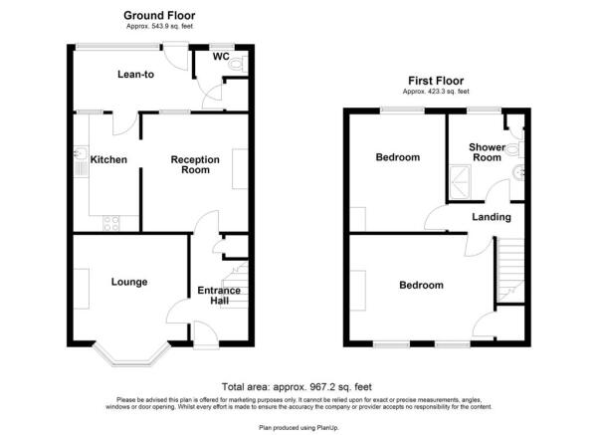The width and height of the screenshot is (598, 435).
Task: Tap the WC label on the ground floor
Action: (221, 58)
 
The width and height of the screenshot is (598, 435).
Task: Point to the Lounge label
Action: (130, 282)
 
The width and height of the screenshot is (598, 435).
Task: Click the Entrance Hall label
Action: (219, 296)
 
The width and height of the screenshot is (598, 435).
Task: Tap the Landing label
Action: (492, 217)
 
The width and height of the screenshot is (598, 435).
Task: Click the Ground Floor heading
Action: (159, 15)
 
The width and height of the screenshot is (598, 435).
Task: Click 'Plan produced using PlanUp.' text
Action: (298, 426)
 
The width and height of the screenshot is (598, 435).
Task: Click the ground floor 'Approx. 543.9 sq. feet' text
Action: (159, 27)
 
